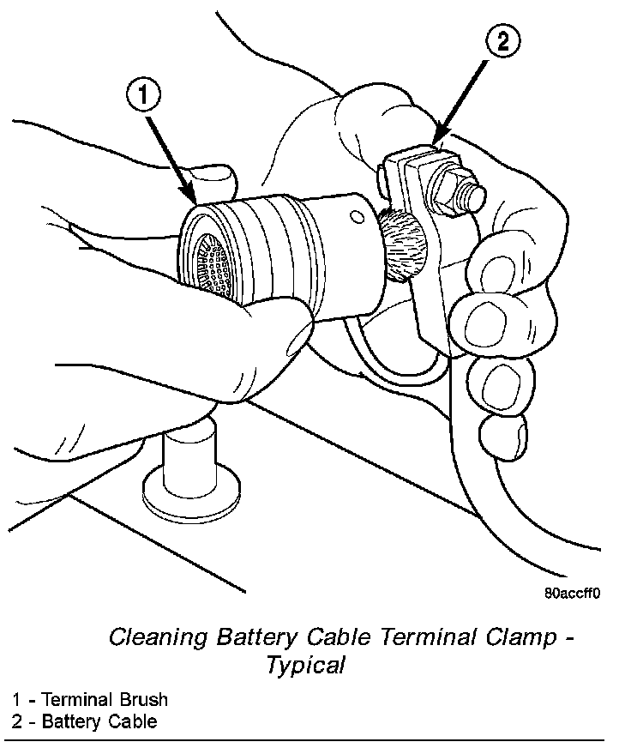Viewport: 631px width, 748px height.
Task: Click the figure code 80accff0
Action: [x=571, y=593]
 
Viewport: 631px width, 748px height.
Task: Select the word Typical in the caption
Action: [x=305, y=665]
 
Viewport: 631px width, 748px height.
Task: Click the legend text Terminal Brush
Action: [x=105, y=700]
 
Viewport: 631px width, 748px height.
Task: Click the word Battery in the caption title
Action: [x=249, y=637]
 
